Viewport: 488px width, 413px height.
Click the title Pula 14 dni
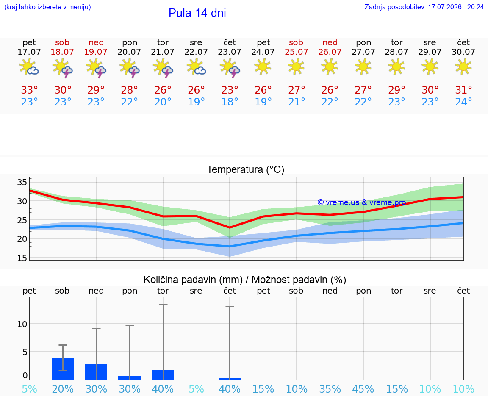point(197,13)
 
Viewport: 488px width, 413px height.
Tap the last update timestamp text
point(424,7)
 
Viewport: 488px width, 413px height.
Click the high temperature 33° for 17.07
point(29,90)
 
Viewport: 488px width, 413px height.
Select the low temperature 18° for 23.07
point(230,102)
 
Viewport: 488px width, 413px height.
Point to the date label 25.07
point(296,52)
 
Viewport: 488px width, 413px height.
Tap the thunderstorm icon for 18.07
point(63,67)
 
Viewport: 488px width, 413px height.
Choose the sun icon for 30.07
point(463,67)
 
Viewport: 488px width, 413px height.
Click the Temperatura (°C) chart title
point(246,169)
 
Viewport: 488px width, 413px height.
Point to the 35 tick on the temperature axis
point(22,182)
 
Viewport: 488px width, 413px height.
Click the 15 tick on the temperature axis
point(22,258)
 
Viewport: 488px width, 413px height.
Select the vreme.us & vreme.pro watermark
point(362,202)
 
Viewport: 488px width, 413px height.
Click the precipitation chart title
point(245,280)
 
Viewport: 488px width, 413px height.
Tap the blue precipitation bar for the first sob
point(63,369)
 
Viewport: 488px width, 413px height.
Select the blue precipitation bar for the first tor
point(163,375)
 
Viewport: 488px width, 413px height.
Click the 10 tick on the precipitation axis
point(22,324)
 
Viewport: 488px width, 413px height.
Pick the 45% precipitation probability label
point(363,389)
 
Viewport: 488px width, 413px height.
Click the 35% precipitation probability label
point(330,389)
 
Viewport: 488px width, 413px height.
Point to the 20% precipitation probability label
point(63,389)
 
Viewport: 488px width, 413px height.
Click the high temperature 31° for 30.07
point(463,90)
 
